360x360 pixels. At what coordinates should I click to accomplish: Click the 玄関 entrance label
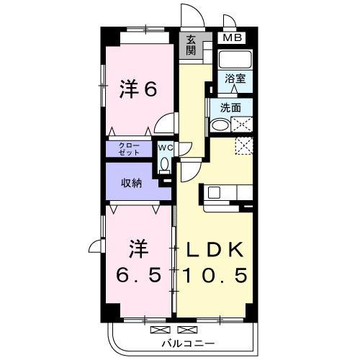[x=190, y=45]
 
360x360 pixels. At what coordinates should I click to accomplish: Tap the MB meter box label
[x=233, y=38]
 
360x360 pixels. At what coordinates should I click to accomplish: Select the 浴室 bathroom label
[x=234, y=78]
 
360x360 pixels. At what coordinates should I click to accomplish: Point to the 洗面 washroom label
[x=230, y=108]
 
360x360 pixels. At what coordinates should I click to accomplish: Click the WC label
[x=165, y=148]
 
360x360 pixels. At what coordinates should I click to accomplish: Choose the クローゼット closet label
[x=130, y=149]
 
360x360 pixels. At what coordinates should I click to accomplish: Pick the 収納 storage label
[x=131, y=183]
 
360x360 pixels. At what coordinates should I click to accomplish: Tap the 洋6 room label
[x=138, y=90]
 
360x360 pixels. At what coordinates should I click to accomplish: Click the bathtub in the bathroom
[x=234, y=60]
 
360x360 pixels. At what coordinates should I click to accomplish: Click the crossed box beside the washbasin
[x=242, y=125]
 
